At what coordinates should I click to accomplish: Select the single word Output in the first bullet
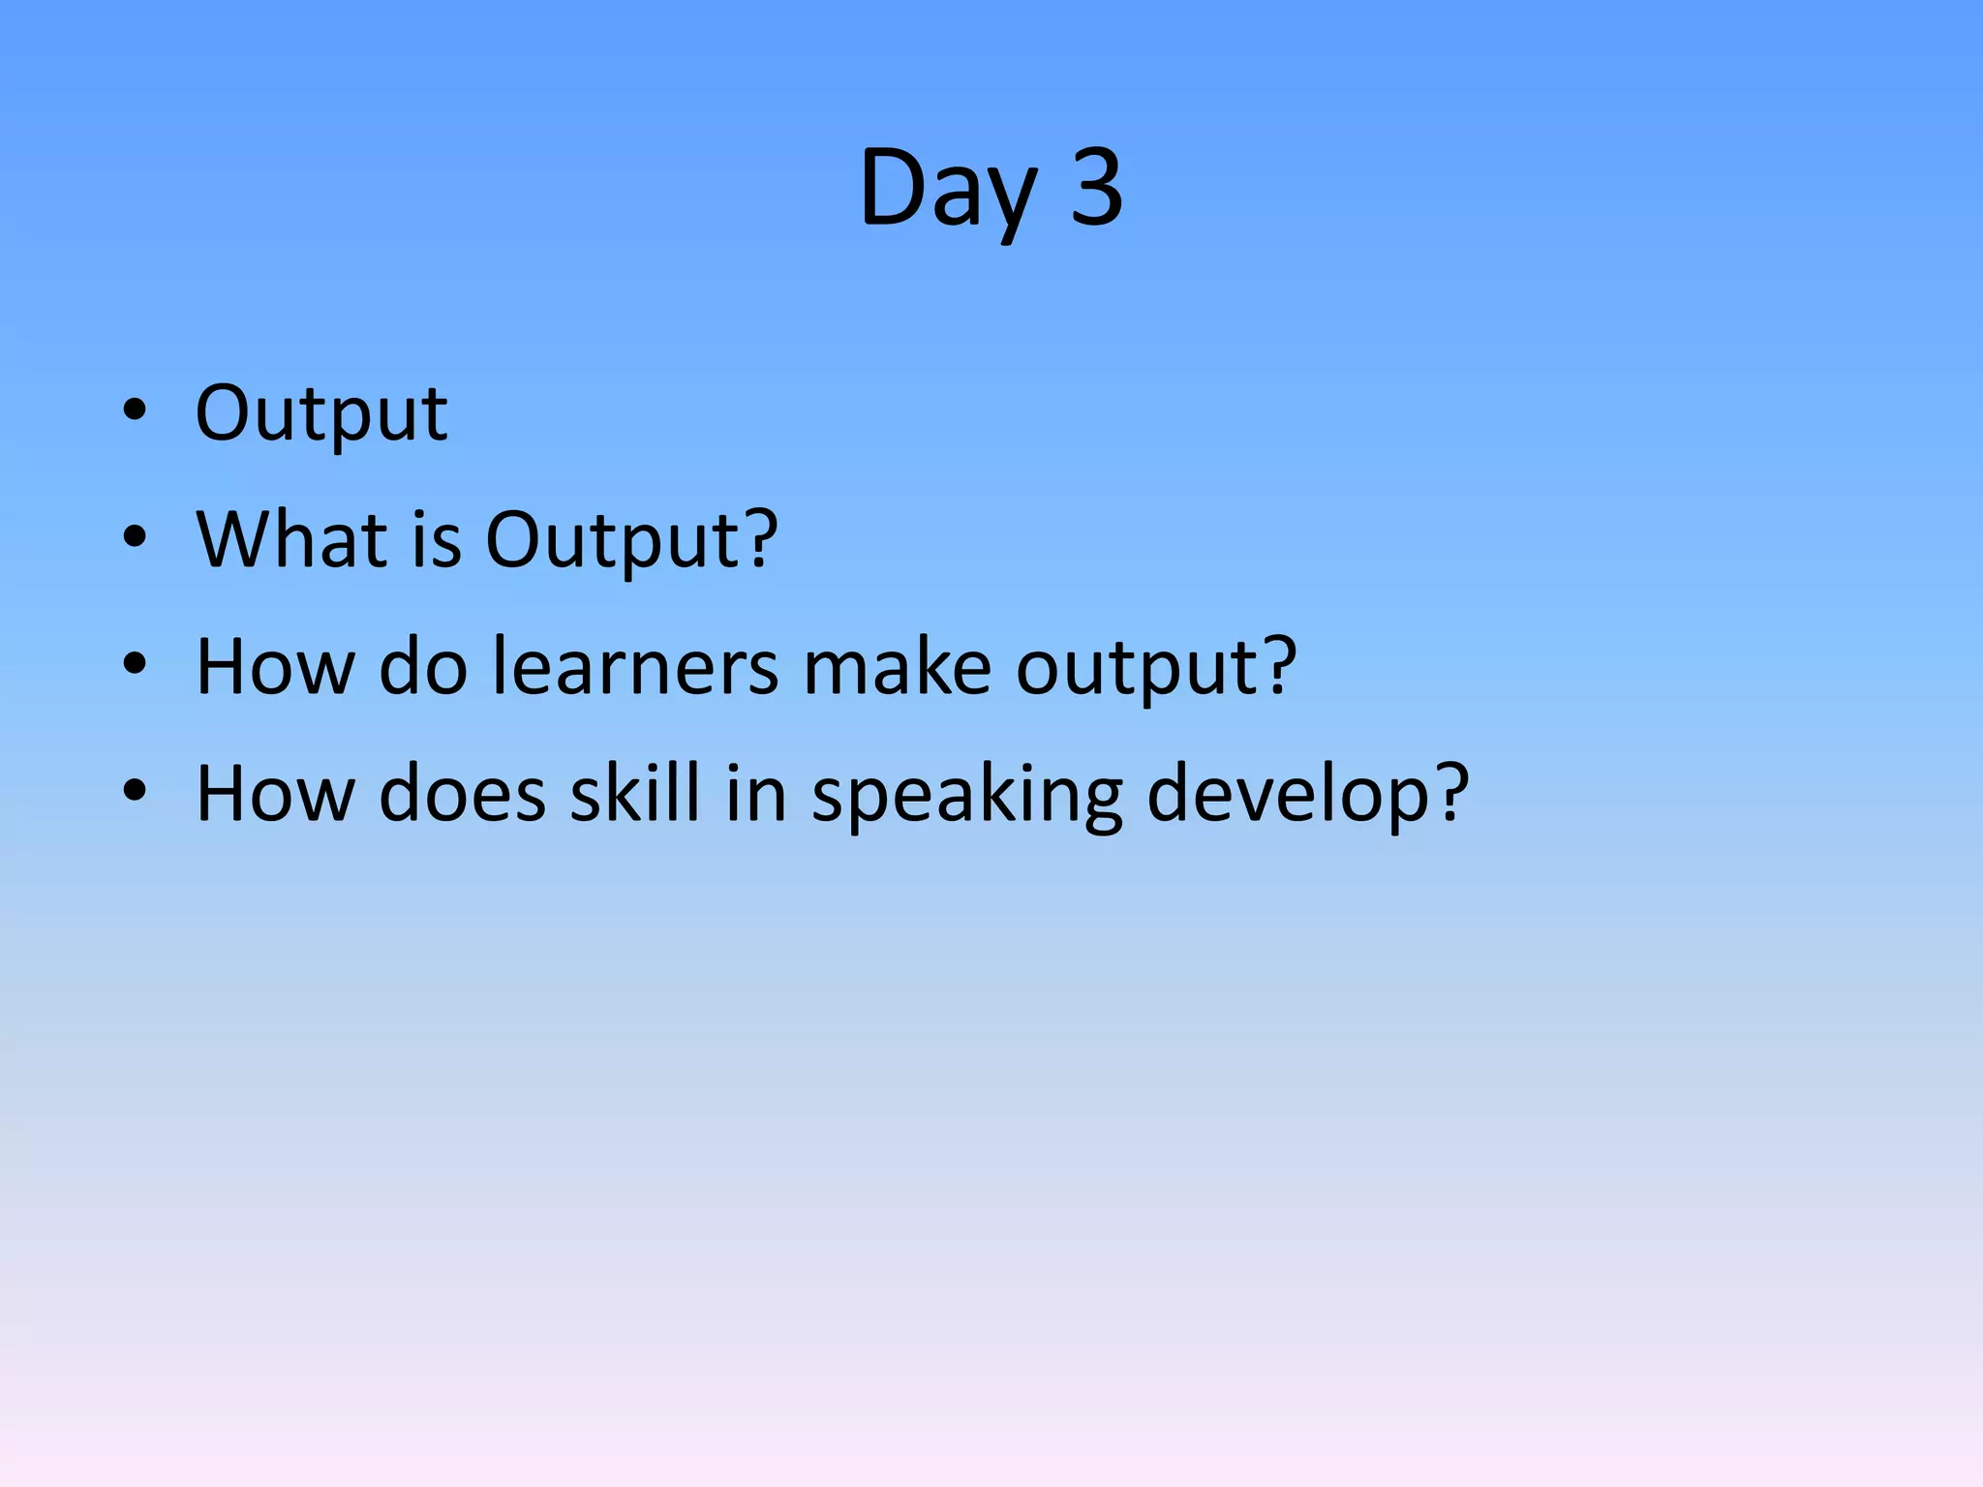(320, 413)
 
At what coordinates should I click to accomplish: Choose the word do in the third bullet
(423, 667)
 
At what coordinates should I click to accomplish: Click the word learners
(635, 667)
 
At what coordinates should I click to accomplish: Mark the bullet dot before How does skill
(135, 791)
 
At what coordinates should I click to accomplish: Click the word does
(462, 794)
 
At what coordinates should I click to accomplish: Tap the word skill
(634, 794)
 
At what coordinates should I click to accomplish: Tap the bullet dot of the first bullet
(135, 410)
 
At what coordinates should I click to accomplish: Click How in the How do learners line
(275, 667)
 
